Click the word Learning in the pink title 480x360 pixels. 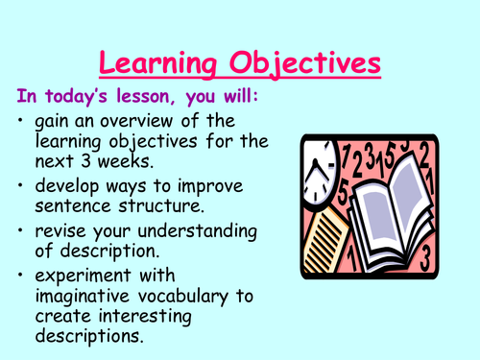(x=158, y=65)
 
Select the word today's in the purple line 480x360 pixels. (x=84, y=98)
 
